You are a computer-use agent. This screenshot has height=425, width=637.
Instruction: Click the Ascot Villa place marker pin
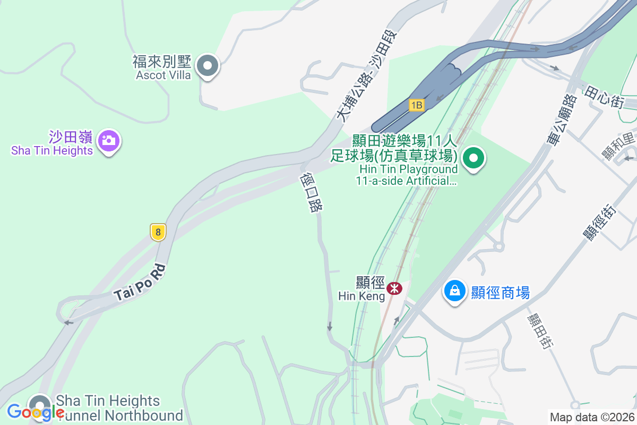208,66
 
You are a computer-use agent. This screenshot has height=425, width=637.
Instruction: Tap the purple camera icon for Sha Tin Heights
109,141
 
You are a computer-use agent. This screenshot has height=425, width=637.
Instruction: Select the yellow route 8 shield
158,232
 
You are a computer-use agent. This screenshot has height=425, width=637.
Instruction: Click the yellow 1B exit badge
416,105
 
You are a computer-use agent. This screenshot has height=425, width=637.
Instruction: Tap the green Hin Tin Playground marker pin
473,158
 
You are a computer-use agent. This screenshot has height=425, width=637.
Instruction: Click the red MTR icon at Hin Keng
394,288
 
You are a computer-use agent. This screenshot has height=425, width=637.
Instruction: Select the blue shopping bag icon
455,291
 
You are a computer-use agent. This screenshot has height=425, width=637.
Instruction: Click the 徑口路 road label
311,192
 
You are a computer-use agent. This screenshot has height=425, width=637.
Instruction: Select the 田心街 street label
604,98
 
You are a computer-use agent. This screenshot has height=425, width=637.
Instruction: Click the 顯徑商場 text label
501,292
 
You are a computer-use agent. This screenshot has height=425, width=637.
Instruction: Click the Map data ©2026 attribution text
591,417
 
